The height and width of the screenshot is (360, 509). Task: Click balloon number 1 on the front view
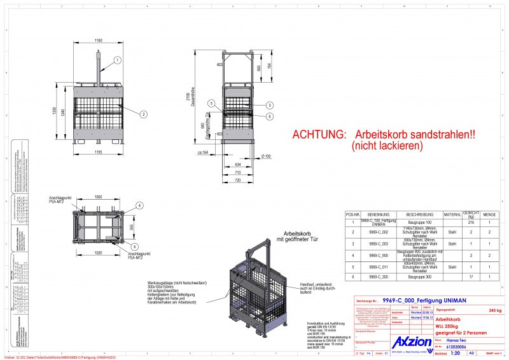118,60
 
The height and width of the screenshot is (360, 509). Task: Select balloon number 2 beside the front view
144,114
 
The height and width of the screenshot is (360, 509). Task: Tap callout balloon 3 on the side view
270,105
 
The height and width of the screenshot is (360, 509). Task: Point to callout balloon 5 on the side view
211,104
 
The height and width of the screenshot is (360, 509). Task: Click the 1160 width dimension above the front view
98,41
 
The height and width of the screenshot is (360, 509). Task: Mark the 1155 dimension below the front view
98,153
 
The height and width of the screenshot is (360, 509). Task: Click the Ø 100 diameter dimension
265,156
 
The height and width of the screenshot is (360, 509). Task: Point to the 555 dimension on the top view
132,226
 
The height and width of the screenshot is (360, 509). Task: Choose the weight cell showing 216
471,223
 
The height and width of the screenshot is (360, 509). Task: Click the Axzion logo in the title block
409,343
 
